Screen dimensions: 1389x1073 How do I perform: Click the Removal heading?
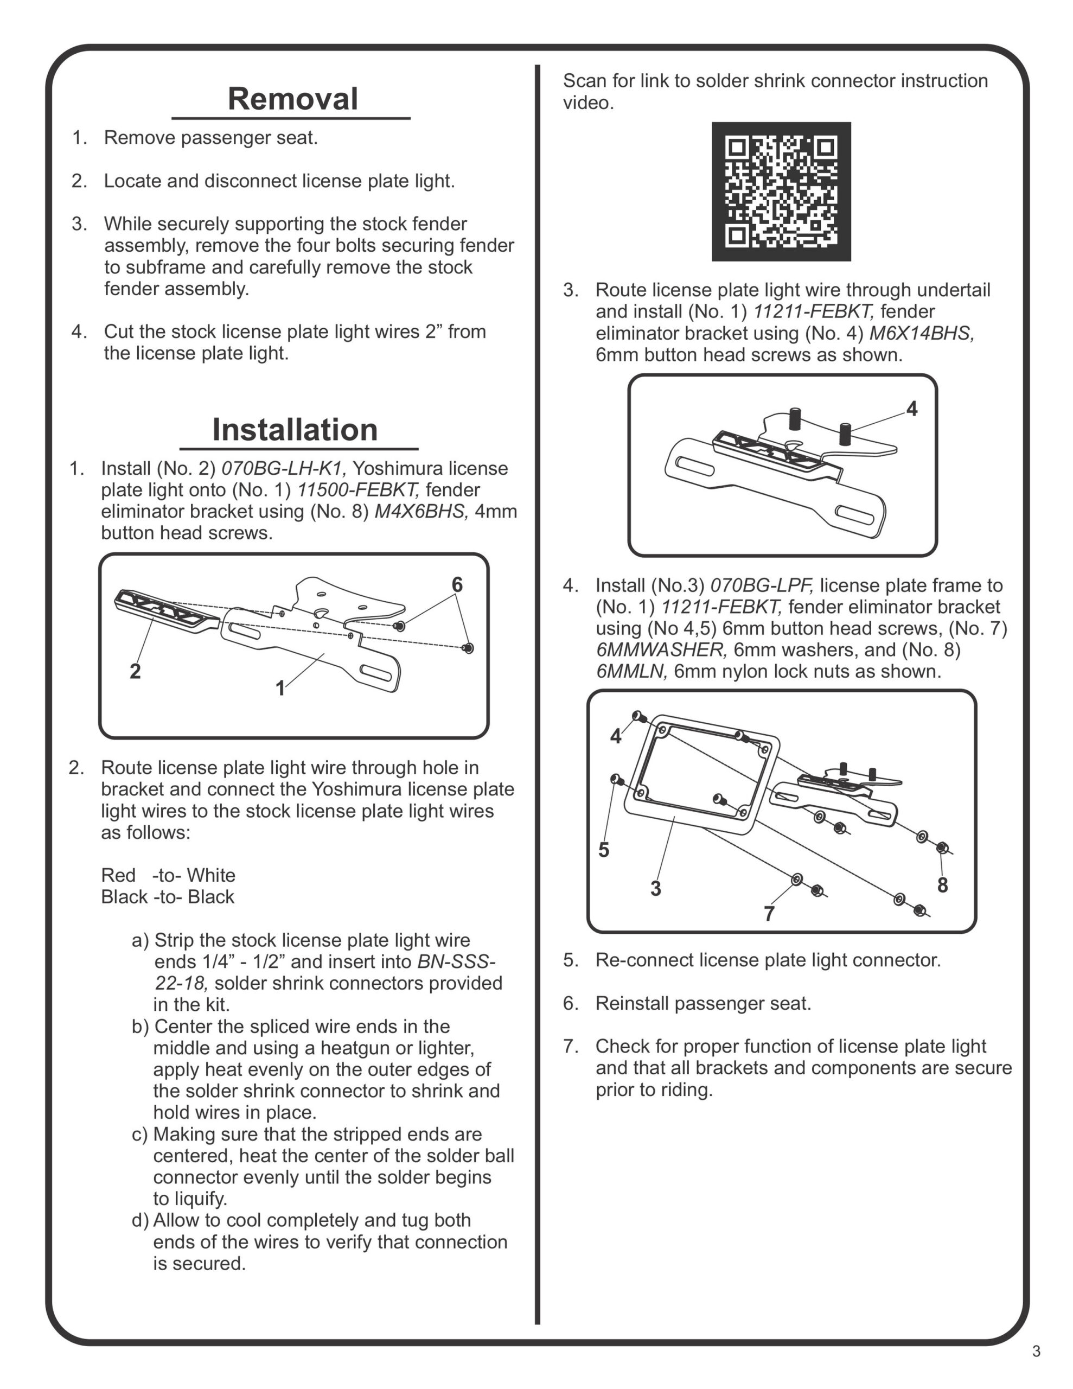point(292,99)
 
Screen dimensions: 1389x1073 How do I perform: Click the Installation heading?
point(295,430)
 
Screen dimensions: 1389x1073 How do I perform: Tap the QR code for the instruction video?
point(781,192)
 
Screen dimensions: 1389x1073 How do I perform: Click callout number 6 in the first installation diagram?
point(457,584)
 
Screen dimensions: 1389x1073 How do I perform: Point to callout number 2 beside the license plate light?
point(135,671)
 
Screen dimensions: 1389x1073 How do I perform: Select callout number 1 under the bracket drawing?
point(280,688)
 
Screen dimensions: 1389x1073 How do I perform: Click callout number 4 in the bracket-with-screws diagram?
point(911,409)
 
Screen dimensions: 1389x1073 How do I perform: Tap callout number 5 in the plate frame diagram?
point(604,850)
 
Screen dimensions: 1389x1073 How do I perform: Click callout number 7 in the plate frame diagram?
point(769,914)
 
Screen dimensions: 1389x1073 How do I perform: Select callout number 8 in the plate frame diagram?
point(943,884)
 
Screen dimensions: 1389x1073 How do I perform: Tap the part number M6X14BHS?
point(922,333)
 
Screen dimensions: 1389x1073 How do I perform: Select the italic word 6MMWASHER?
point(661,650)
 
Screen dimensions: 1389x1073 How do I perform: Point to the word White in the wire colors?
point(210,875)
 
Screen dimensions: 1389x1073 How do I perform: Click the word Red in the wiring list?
point(118,875)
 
